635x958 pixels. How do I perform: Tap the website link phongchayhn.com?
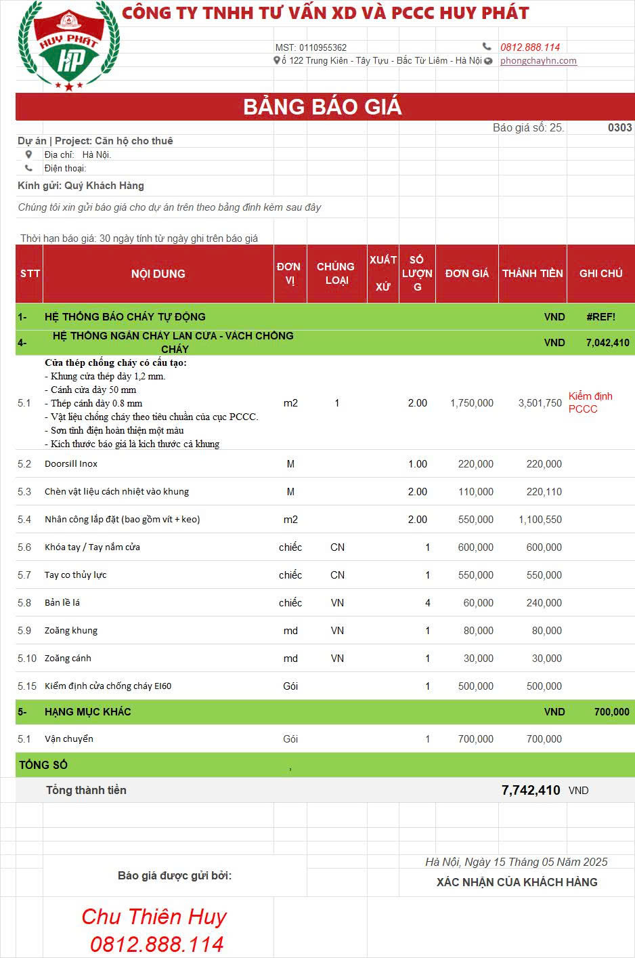[x=538, y=60]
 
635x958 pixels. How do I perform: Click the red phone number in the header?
[x=530, y=47]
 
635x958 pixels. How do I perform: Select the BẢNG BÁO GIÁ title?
[x=322, y=107]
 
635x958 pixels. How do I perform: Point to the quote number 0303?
[x=619, y=127]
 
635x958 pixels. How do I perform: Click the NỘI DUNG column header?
[x=158, y=274]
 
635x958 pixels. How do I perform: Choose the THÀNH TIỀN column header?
[x=532, y=273]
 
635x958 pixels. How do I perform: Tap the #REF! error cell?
[x=600, y=316]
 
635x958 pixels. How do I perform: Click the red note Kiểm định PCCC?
[x=590, y=402]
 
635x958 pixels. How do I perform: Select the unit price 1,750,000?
[x=472, y=403]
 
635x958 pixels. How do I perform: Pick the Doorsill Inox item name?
[x=71, y=464]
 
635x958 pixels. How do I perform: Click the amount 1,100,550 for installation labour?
[x=540, y=520]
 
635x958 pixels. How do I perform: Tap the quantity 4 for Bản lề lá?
[x=427, y=603]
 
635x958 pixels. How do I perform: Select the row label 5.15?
[x=27, y=686]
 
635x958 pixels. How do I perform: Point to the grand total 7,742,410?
[x=531, y=790]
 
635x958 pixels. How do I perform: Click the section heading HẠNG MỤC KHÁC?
[x=88, y=711]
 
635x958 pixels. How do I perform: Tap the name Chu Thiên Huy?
[x=154, y=917]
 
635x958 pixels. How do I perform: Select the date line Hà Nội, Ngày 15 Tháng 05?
[x=516, y=862]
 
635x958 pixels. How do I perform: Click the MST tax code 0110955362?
[x=311, y=47]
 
